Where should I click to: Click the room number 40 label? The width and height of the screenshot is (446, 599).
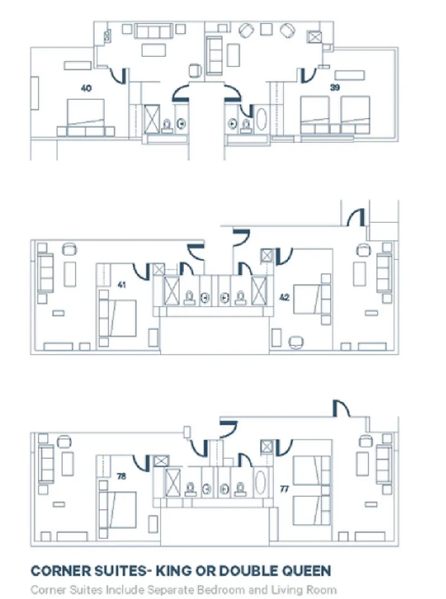click(x=86, y=88)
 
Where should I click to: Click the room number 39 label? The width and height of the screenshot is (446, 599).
click(x=334, y=88)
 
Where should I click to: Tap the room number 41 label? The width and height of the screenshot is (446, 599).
click(x=123, y=285)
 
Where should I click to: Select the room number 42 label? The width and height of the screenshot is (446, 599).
click(x=284, y=298)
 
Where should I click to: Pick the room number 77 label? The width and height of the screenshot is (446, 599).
click(x=284, y=489)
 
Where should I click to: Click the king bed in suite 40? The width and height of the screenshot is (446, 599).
click(x=86, y=113)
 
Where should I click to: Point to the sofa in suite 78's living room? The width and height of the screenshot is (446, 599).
click(x=45, y=464)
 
